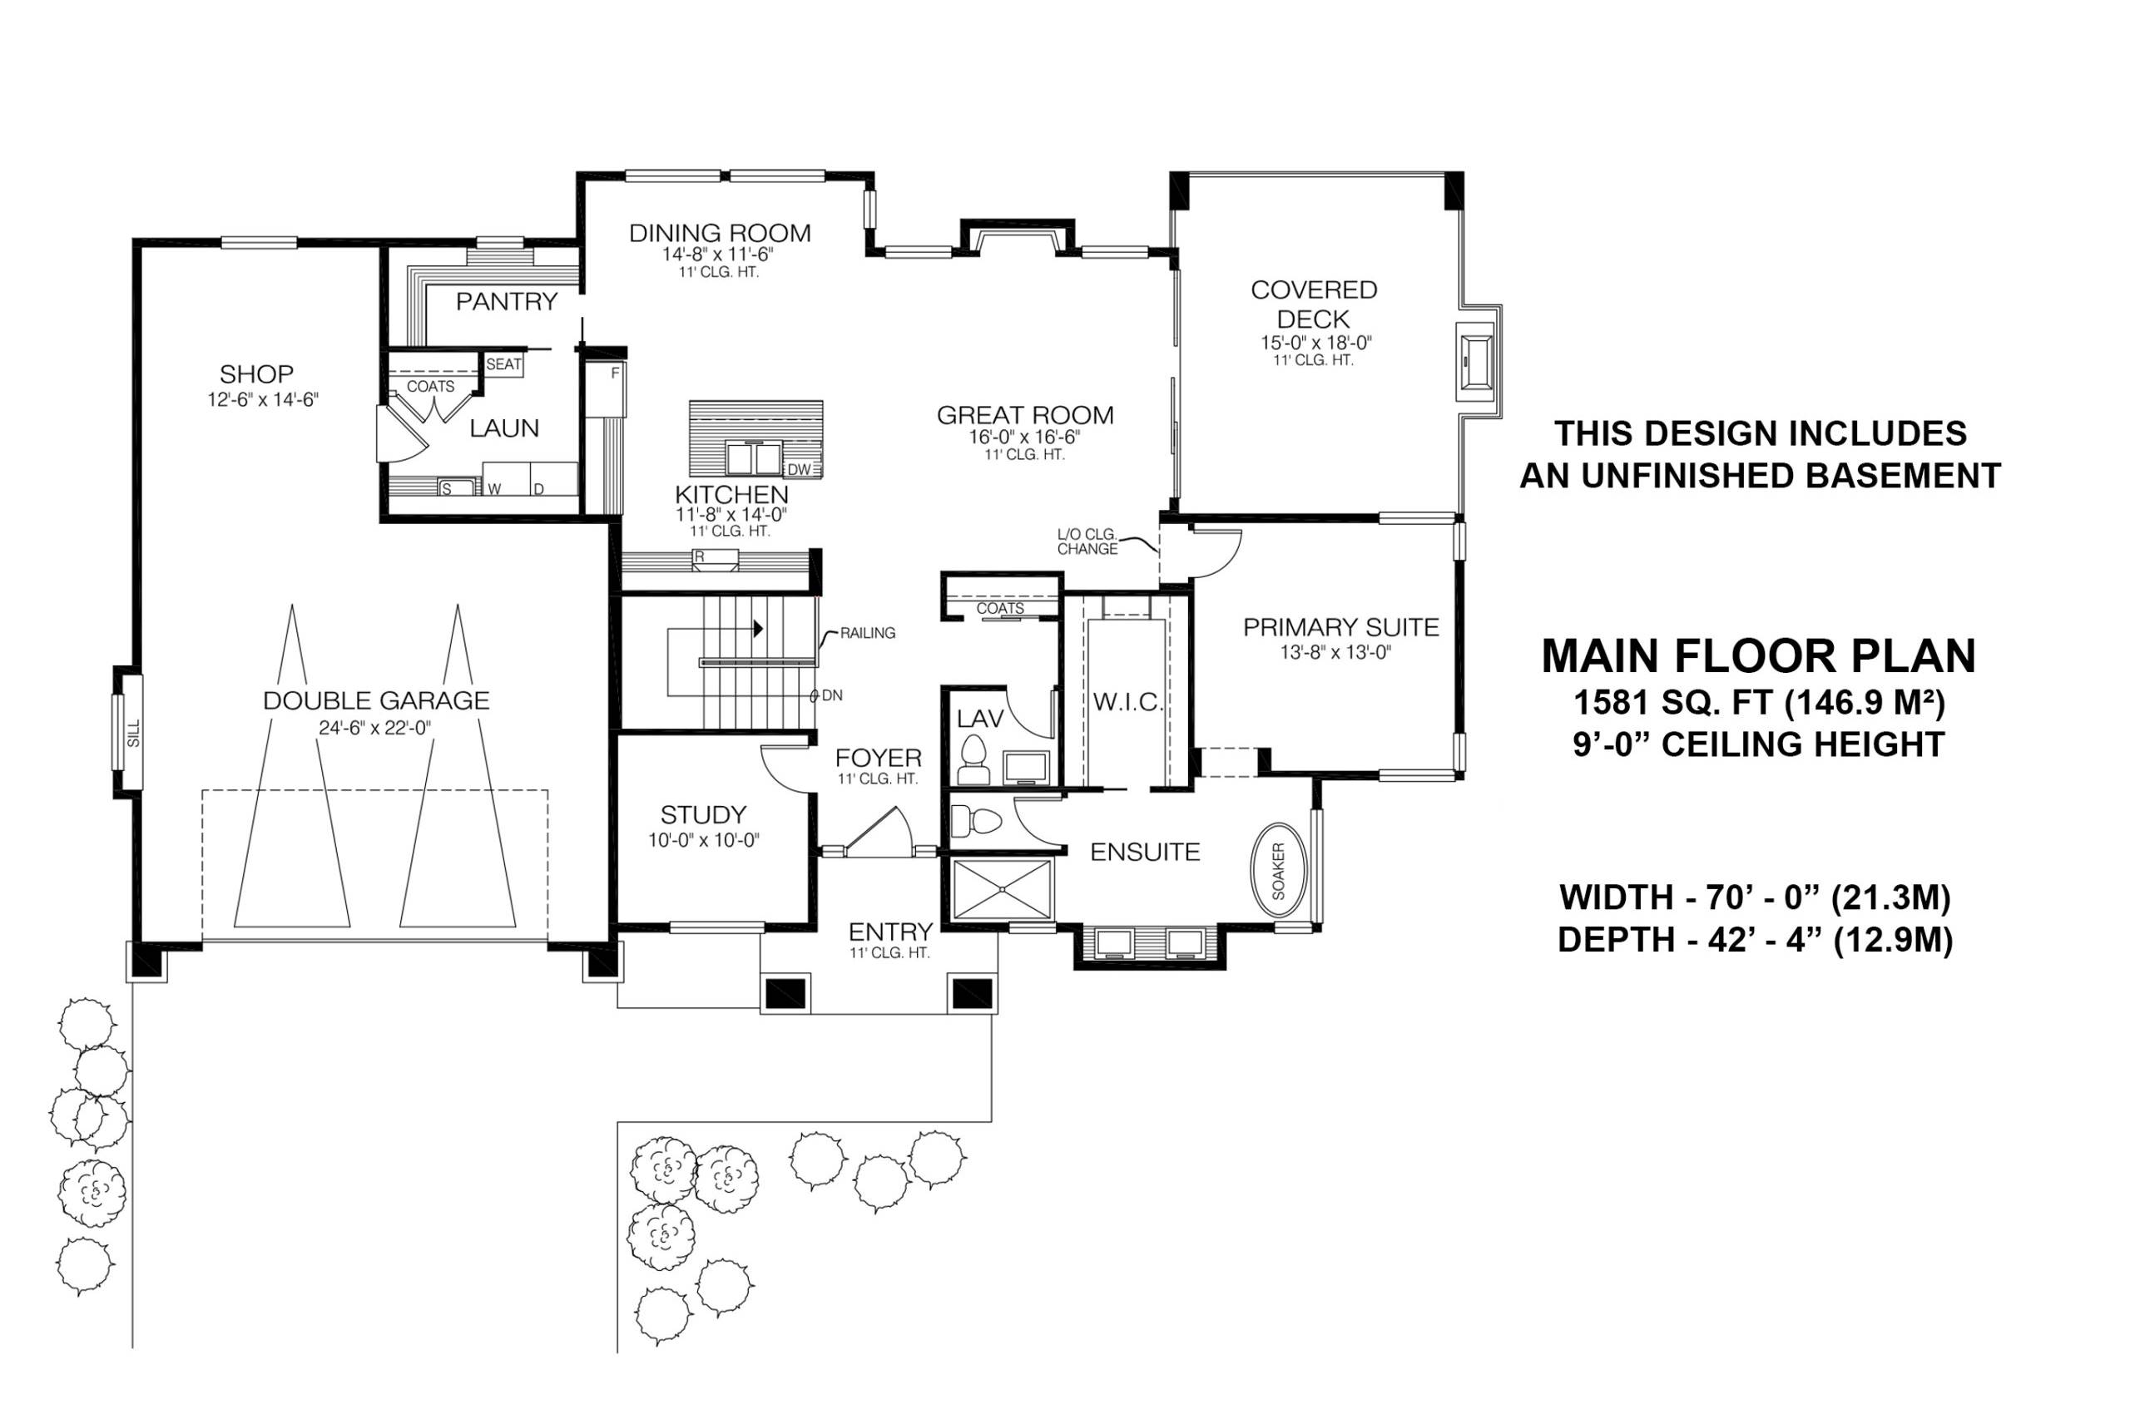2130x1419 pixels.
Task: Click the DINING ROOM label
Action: pos(720,233)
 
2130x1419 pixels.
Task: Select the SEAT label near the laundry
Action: pos(503,363)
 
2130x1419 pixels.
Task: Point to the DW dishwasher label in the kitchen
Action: pos(799,469)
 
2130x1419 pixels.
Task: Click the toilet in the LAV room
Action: pos(973,759)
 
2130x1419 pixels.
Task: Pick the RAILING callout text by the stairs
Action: pos(867,633)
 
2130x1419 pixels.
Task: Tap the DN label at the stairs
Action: pos(832,695)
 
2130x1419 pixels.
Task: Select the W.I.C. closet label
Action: pos(1127,701)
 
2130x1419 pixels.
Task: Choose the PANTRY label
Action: pos(506,301)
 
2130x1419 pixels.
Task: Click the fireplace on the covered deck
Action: pos(1478,362)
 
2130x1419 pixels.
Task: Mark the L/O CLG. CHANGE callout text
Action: pos(1087,541)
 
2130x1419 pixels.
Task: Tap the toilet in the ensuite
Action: pos(977,822)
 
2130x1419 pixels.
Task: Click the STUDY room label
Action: pos(702,814)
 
